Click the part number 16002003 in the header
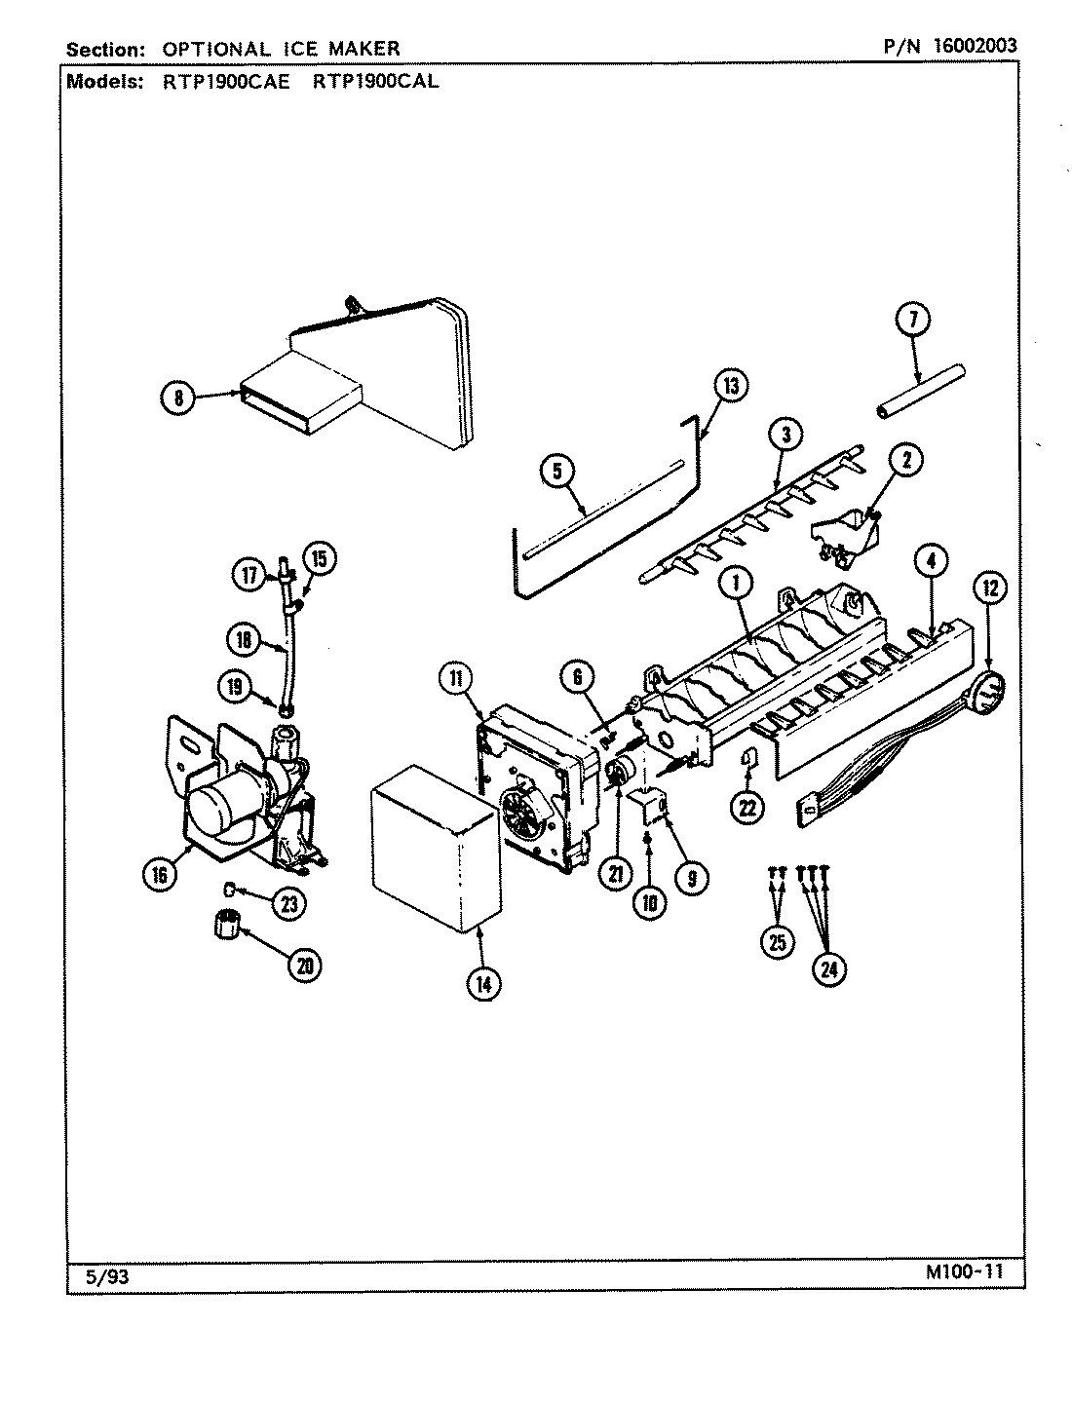pos(961,46)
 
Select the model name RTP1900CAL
pos(375,82)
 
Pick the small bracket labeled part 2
pos(844,536)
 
